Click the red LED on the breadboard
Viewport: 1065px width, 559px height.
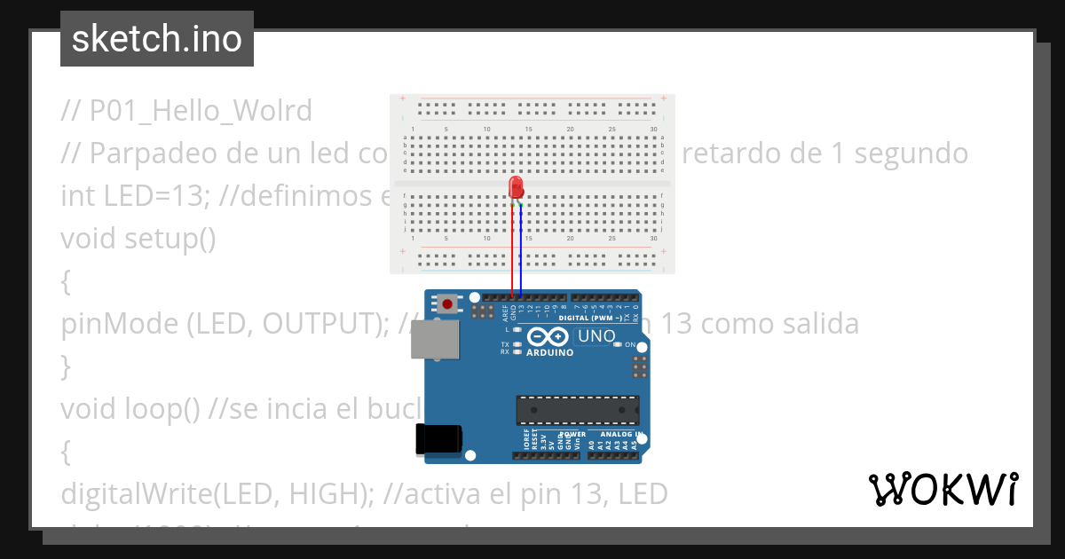517,186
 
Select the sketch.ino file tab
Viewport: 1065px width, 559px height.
157,39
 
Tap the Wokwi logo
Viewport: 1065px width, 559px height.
943,489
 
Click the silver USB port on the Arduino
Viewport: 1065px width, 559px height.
436,340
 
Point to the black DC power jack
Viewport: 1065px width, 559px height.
438,439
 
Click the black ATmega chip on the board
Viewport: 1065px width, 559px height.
578,410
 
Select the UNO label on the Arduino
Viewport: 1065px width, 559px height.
596,336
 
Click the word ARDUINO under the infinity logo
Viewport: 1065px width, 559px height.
550,352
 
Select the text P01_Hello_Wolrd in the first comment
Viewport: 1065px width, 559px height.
201,111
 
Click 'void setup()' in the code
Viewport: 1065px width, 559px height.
138,239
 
